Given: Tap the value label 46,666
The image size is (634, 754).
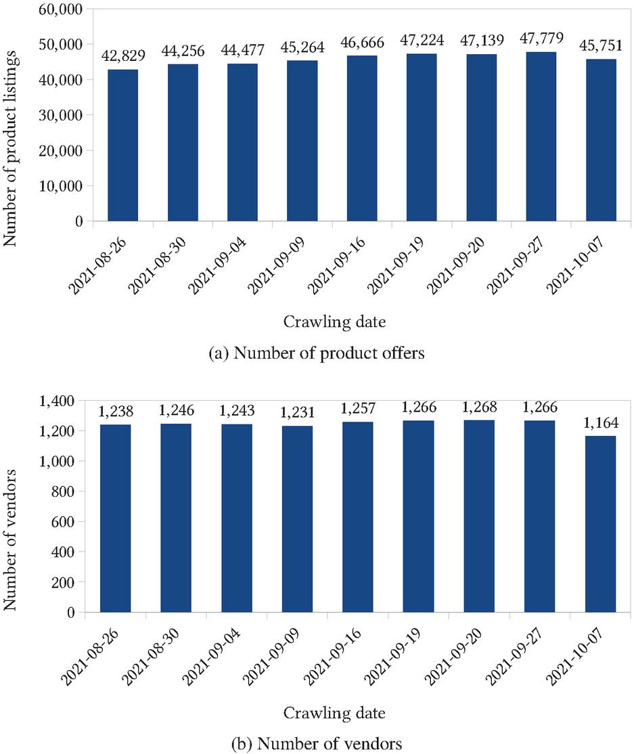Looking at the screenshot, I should (362, 43).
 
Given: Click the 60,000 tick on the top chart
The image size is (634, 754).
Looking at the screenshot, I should (64, 9).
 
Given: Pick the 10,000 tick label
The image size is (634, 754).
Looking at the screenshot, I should (64, 186).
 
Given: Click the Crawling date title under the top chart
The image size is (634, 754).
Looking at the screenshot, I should (334, 323).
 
